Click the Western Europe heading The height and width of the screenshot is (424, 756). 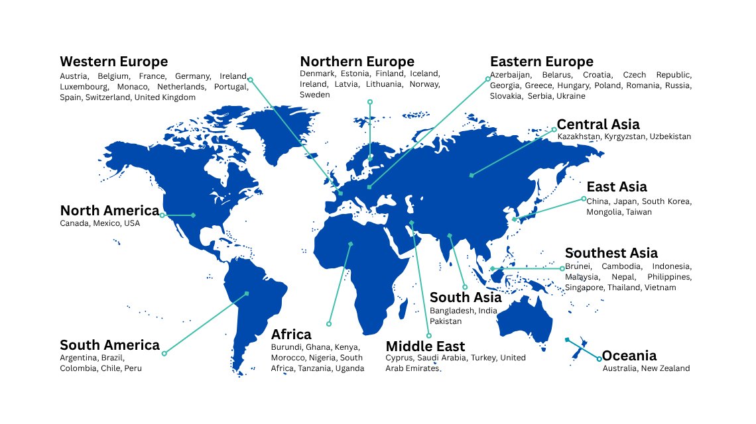[x=113, y=62]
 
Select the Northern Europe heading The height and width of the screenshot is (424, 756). [x=357, y=62]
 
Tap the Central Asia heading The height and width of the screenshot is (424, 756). [x=598, y=125]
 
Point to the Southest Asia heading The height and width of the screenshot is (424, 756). [x=611, y=253]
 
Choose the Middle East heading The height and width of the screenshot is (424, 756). [x=425, y=346]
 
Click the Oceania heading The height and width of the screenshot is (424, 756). [x=629, y=356]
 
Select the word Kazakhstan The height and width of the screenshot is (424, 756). [x=579, y=136]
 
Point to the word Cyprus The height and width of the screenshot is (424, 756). [x=399, y=358]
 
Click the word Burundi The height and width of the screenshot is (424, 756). [x=286, y=347]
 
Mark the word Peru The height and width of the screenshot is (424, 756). [x=132, y=368]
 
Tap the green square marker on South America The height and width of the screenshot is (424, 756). [x=247, y=293]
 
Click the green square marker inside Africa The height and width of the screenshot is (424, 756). [x=351, y=244]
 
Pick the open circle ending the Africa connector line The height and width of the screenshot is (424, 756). [x=328, y=324]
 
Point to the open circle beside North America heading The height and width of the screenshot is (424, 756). [x=162, y=215]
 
